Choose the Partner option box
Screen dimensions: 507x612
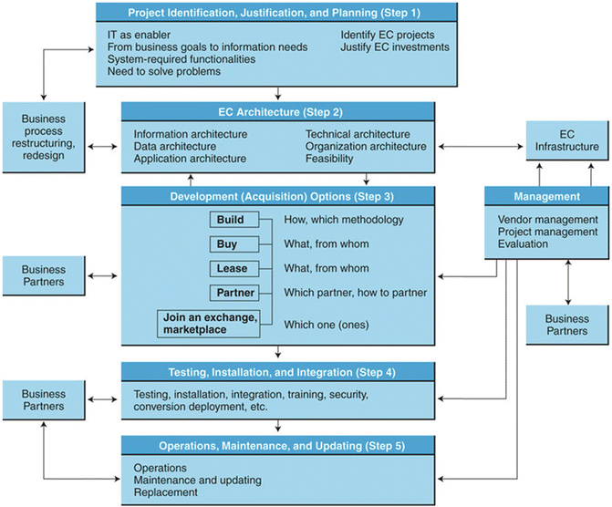tap(236, 293)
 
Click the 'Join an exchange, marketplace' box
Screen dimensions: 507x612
tap(215, 324)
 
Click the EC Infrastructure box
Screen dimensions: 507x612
tap(567, 140)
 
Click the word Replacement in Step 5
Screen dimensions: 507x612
tap(165, 493)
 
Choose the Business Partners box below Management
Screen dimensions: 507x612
tap(567, 326)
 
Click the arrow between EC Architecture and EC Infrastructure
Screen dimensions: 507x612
tap(482, 146)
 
